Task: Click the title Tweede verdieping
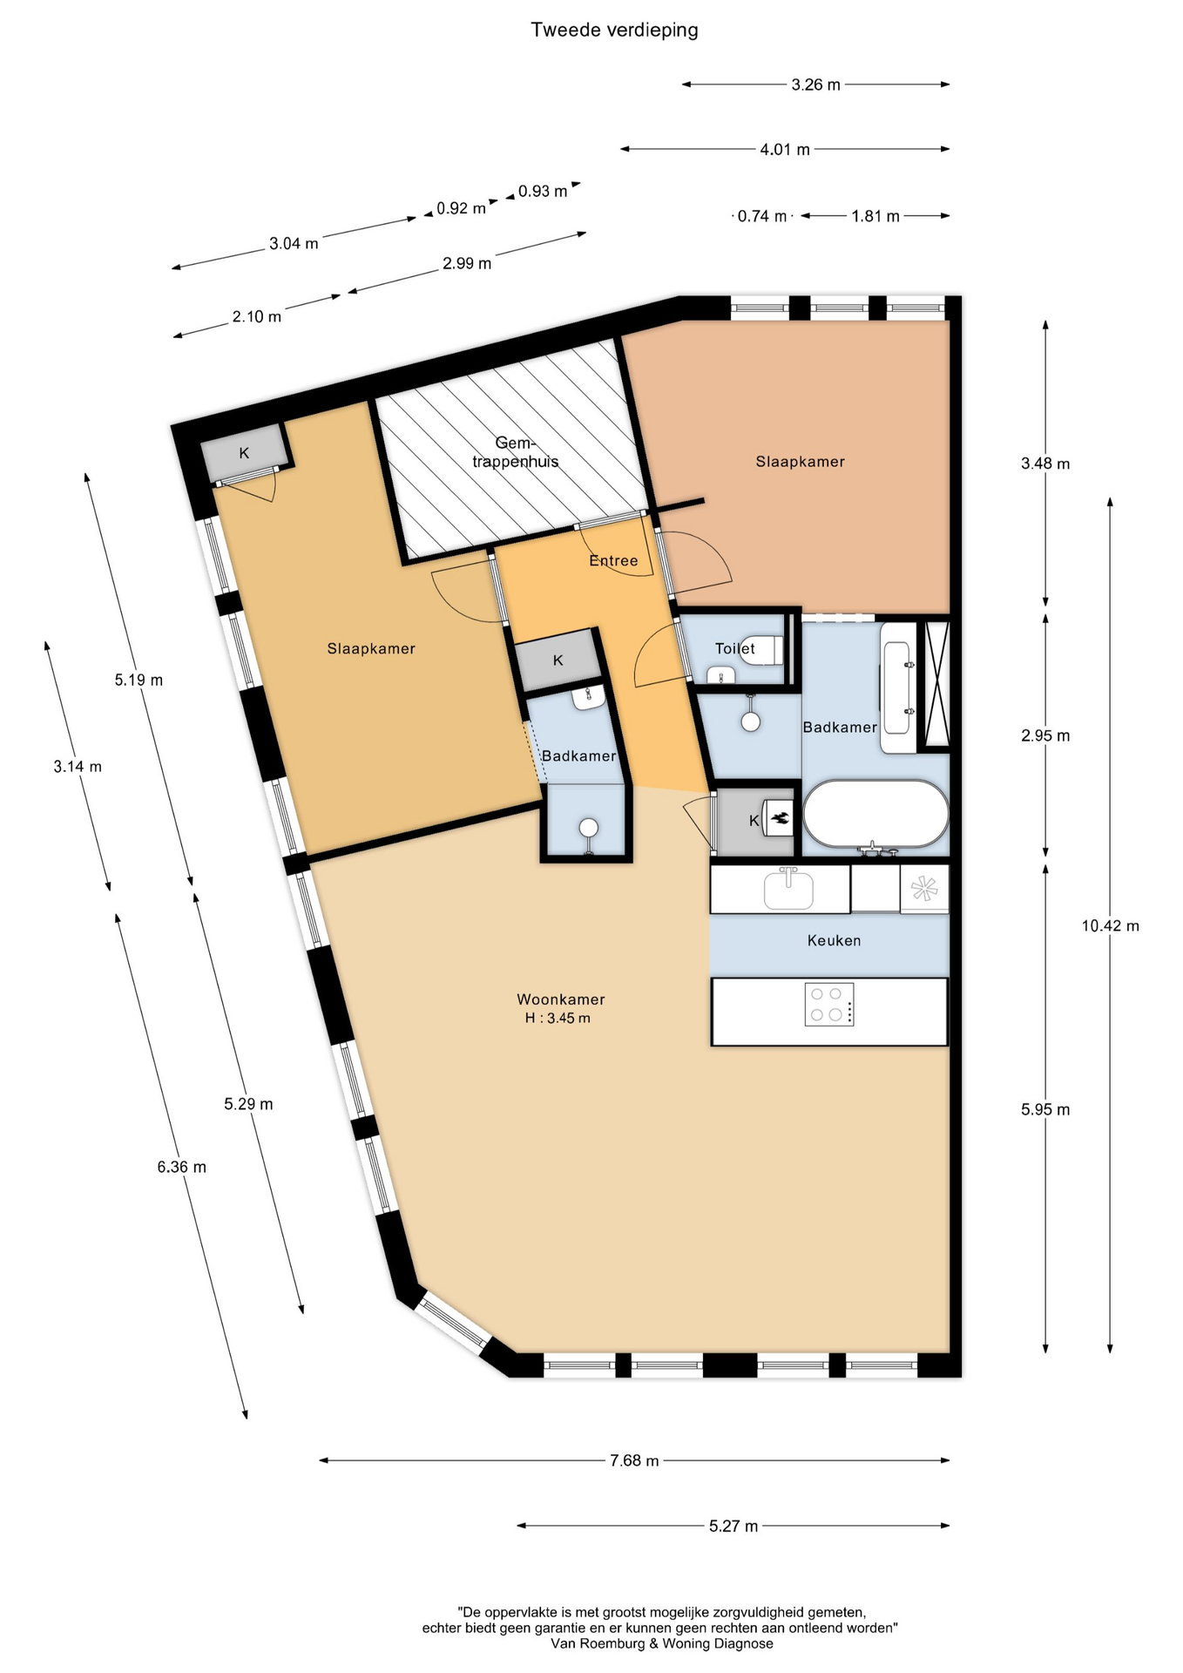614,30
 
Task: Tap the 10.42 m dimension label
1110,925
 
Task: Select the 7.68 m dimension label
633,1460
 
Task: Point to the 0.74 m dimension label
761,216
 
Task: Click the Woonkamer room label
560,999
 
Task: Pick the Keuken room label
834,940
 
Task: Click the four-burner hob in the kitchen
828,1005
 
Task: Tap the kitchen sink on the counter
788,890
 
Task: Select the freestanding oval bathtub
875,813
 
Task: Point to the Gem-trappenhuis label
515,452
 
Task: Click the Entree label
613,560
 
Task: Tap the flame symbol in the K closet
779,819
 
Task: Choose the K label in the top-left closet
244,453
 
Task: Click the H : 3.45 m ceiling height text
558,1018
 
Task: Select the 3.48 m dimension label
1045,464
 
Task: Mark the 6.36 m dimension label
181,1167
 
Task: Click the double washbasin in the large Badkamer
897,687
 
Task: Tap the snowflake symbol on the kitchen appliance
923,890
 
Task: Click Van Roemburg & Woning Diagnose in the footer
661,1643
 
